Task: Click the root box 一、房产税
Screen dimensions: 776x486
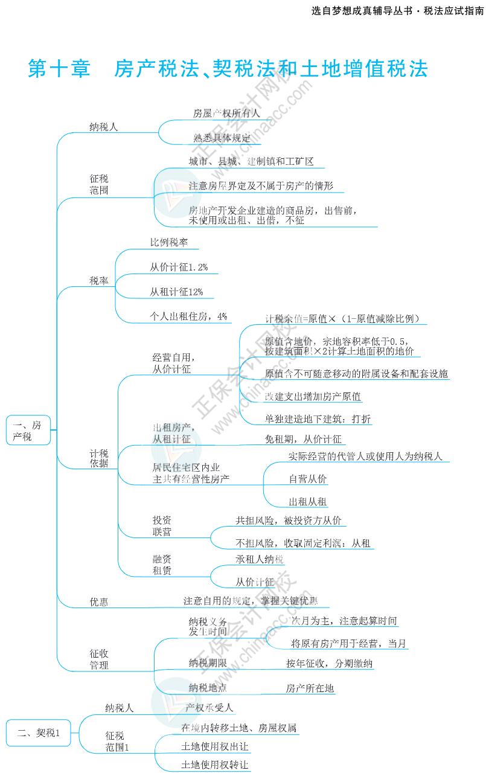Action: click(28, 431)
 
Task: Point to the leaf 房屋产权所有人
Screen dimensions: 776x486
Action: click(226, 113)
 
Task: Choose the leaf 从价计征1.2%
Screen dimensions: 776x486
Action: click(179, 267)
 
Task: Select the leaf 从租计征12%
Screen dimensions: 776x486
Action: click(176, 292)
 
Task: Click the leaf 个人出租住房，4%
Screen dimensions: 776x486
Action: click(188, 316)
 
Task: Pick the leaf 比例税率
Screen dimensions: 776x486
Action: click(169, 242)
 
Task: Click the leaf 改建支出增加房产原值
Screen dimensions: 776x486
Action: click(313, 397)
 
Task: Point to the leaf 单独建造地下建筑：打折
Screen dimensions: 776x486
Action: click(318, 419)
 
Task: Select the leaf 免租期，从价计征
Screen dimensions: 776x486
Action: click(303, 439)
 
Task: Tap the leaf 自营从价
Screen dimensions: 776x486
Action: click(308, 479)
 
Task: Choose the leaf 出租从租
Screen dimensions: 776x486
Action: click(308, 502)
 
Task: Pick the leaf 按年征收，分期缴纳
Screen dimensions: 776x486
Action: click(329, 664)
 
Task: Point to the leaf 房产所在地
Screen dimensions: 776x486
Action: click(310, 688)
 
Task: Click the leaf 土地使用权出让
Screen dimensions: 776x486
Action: click(214, 747)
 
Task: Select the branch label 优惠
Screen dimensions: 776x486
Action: click(98, 601)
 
